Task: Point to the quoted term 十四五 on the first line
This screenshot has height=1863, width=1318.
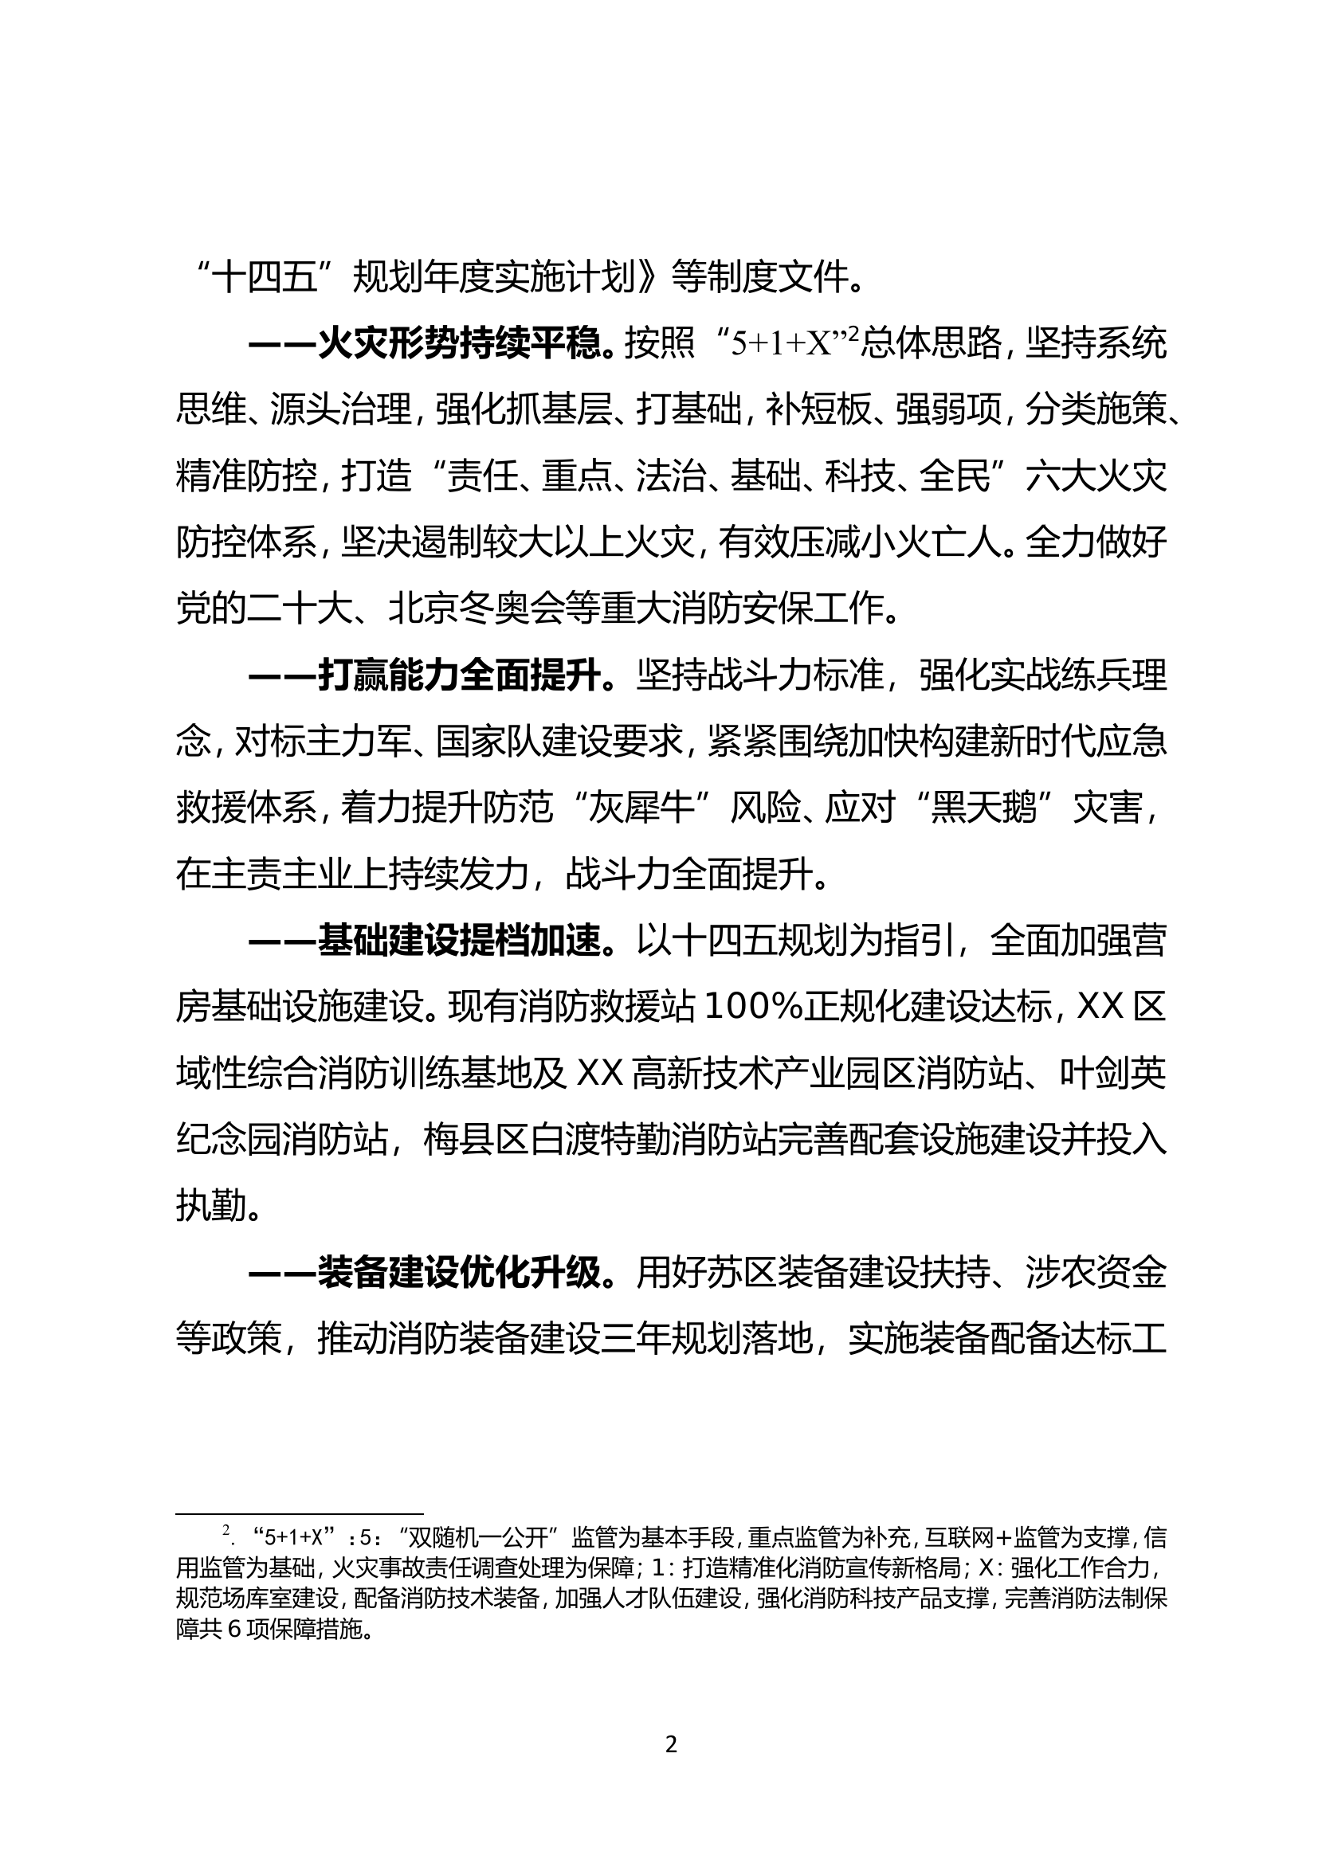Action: pos(265,277)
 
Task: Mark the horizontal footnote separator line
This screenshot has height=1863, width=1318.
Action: pos(300,1513)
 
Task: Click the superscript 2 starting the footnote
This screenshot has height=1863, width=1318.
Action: pos(226,1530)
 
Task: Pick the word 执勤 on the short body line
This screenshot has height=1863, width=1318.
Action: pos(210,1207)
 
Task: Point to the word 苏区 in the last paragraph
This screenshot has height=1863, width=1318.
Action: pos(743,1271)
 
